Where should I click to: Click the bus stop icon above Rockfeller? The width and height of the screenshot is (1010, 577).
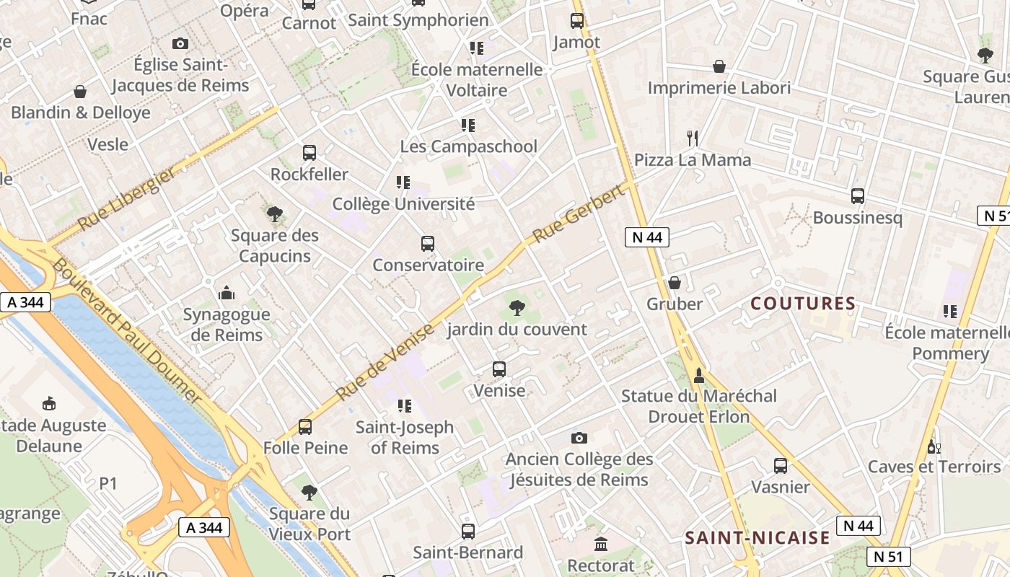(x=309, y=152)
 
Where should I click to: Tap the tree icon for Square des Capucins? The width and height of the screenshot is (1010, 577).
(x=274, y=213)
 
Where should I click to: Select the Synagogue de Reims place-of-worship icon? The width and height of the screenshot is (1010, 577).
(x=227, y=293)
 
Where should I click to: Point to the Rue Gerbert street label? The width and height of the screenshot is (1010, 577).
(x=578, y=214)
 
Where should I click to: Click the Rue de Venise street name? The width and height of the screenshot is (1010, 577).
(x=385, y=362)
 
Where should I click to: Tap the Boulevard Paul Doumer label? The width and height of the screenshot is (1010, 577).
(x=127, y=331)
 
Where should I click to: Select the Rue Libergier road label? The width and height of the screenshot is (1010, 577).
(x=126, y=200)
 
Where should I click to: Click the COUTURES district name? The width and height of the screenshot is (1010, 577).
(x=803, y=304)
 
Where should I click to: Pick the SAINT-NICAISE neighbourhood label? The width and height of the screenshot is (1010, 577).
(x=757, y=537)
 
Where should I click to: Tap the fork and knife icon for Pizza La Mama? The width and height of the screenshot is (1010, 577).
(x=693, y=138)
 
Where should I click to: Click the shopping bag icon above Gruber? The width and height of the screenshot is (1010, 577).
(x=675, y=282)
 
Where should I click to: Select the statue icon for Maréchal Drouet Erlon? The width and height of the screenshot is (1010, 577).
(x=698, y=375)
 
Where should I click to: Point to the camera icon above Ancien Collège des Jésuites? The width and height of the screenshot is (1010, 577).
(x=579, y=438)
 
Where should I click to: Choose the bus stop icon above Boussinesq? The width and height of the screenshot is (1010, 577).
(x=857, y=195)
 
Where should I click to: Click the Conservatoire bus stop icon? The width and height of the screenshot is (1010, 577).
(x=428, y=244)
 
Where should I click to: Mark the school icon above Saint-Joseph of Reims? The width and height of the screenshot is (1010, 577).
(x=404, y=406)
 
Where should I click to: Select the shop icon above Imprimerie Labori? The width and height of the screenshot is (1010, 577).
(x=719, y=66)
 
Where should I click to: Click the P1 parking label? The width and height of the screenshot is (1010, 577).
(x=107, y=483)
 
